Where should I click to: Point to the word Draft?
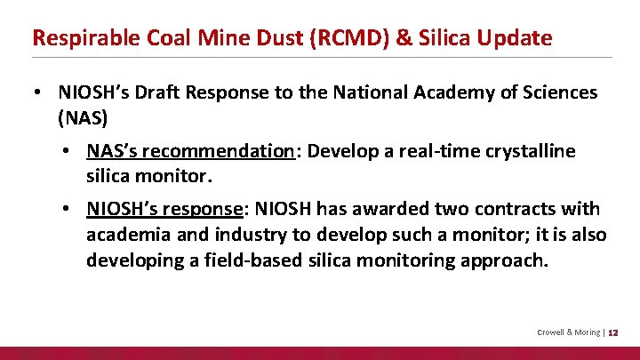tap(164, 92)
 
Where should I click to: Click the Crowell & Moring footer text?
tap(568, 332)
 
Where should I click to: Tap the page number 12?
tap(612, 332)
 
